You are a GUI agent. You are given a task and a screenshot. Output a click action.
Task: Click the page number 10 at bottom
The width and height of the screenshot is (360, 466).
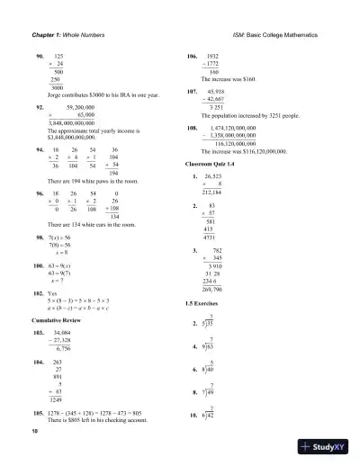[x=34, y=432]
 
